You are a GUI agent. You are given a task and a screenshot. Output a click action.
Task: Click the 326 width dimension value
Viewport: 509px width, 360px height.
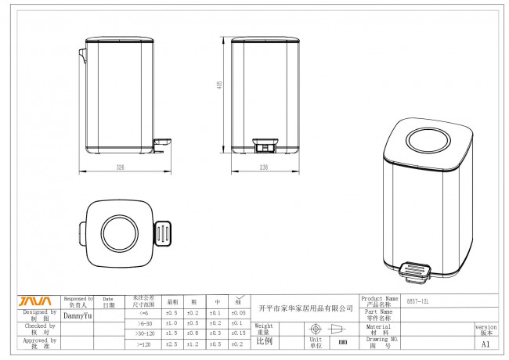[x=120, y=167]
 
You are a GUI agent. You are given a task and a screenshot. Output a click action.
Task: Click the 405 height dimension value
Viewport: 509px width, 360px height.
[x=221, y=87]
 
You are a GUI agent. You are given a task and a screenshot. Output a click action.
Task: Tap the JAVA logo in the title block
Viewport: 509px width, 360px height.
[x=34, y=301]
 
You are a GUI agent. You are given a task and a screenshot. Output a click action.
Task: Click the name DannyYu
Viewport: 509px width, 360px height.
[x=78, y=316]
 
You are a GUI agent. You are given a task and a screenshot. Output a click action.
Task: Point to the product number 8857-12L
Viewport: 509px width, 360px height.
[x=419, y=301]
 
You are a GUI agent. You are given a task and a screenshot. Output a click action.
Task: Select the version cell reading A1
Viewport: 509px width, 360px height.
[x=486, y=344]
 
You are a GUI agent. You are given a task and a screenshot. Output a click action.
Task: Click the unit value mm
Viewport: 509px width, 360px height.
[x=342, y=342]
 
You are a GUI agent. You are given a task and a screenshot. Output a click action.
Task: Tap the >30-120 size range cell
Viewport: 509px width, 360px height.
[x=143, y=333]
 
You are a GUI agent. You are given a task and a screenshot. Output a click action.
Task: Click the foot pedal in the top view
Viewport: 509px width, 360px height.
[x=163, y=233]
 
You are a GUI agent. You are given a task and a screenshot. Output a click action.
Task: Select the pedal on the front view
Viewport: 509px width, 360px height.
[x=263, y=145]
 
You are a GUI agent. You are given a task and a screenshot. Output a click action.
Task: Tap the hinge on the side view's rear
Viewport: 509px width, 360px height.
[x=82, y=54]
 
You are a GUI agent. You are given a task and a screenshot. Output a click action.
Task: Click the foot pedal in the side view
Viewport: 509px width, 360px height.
[x=163, y=142]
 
